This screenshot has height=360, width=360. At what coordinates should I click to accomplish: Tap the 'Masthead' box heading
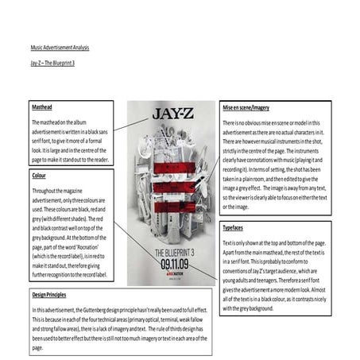click(42, 106)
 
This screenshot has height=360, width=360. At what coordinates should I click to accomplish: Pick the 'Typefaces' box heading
click(235, 228)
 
